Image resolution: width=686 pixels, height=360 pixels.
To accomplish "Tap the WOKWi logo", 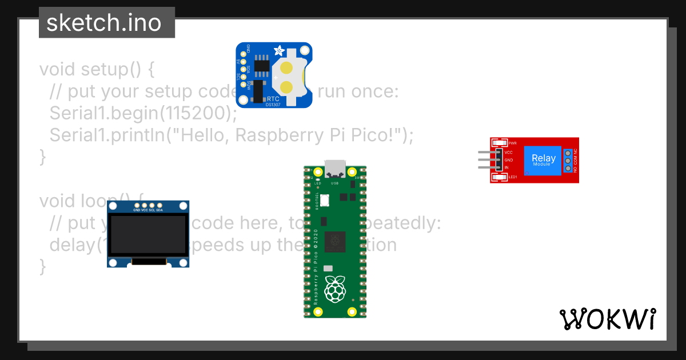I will [x=607, y=319].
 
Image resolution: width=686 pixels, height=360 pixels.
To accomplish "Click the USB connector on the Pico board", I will [x=335, y=167].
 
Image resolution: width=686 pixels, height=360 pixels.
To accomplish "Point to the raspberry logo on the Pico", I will [x=334, y=288].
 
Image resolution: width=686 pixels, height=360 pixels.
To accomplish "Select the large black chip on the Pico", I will [x=334, y=242].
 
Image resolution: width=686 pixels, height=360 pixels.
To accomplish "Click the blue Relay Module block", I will [x=543, y=159].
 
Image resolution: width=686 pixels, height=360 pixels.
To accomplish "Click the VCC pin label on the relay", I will [x=509, y=153].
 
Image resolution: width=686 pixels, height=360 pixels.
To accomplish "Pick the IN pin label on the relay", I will [x=506, y=167].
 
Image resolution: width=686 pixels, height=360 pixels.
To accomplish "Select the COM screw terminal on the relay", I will [x=568, y=161].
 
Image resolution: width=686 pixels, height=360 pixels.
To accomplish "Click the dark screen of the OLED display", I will [x=148, y=235].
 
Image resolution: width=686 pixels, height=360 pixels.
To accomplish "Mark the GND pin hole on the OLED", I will [x=137, y=205].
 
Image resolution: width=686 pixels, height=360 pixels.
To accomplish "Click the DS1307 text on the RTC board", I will [x=273, y=104].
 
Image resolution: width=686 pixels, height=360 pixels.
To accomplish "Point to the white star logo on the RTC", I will [x=280, y=51].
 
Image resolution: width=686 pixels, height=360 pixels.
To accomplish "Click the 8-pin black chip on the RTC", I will [x=262, y=65].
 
